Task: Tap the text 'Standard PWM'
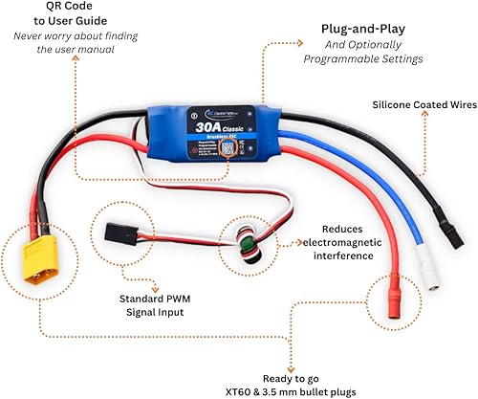pos(156,298)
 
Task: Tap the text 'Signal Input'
pos(156,313)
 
